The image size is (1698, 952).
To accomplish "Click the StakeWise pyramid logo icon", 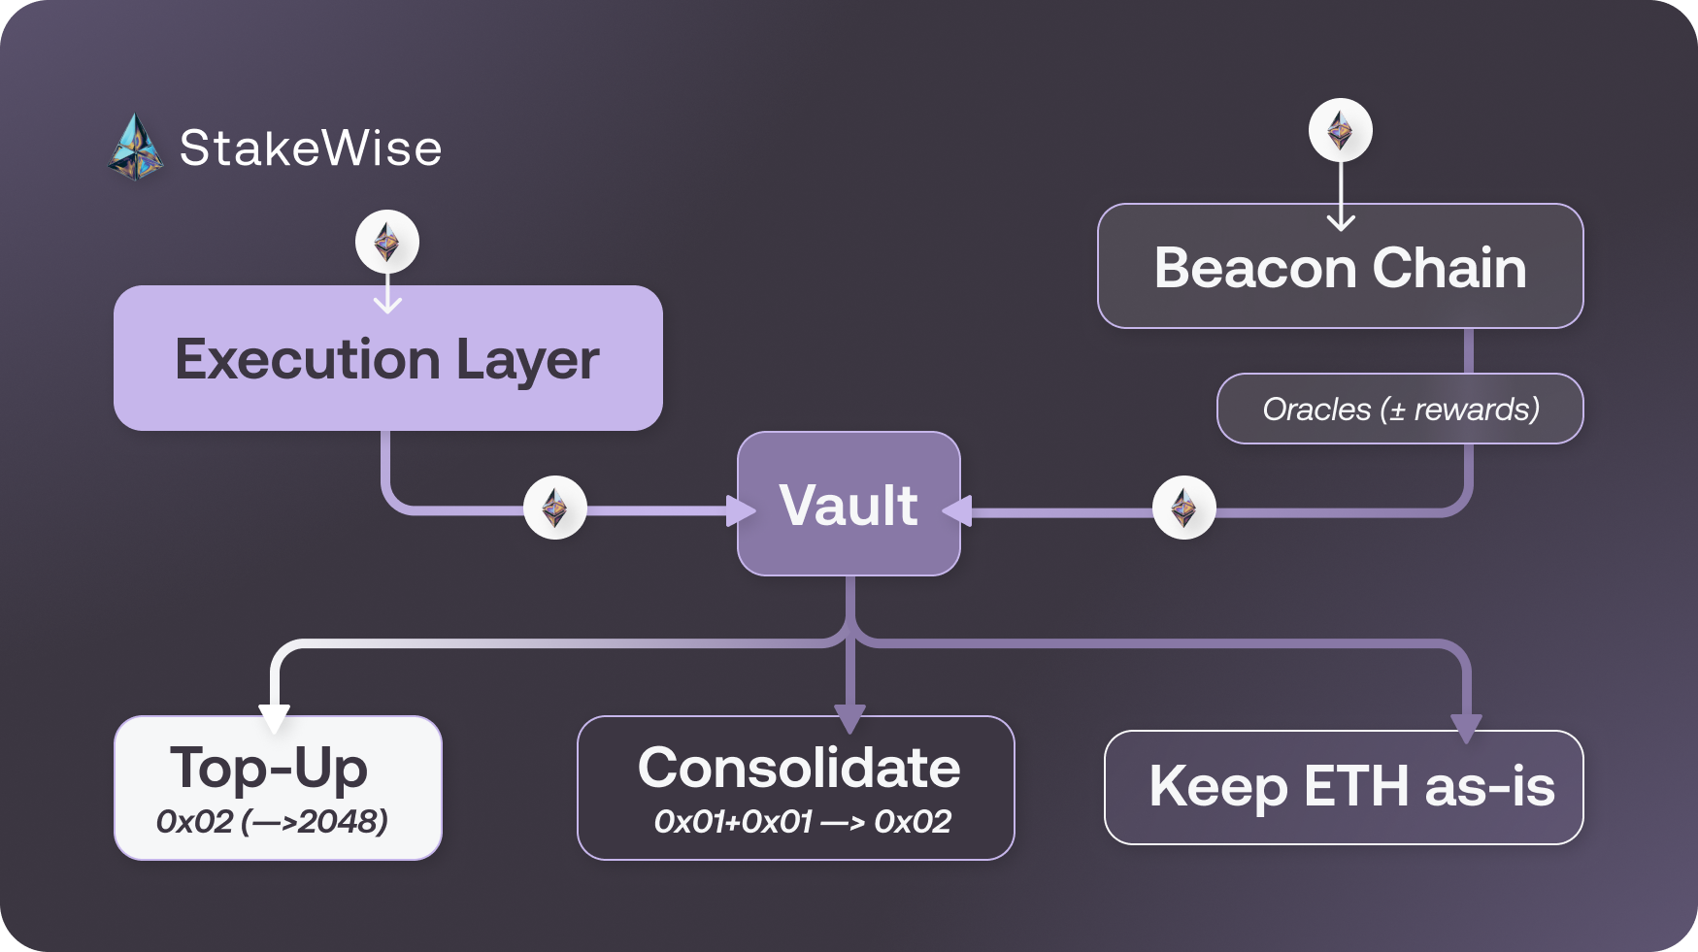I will click(x=135, y=148).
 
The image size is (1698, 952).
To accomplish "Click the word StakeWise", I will click(x=311, y=148).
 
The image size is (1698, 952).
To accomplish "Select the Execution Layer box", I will click(x=387, y=359).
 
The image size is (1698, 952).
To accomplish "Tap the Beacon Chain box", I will click(x=1340, y=267).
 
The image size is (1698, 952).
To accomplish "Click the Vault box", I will click(x=849, y=505).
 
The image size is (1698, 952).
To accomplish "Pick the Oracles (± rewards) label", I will click(x=1400, y=410).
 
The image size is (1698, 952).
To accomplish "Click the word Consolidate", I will click(x=798, y=768).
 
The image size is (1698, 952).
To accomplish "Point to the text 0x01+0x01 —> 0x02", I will click(x=802, y=822).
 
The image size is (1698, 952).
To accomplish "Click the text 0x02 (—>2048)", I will click(x=272, y=822).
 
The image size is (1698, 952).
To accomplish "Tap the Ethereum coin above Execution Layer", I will click(x=387, y=242).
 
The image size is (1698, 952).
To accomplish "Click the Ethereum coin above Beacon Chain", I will click(x=1340, y=130).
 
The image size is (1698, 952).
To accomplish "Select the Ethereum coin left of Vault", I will click(x=554, y=508).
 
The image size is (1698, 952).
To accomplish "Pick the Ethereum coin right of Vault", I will click(x=1183, y=508).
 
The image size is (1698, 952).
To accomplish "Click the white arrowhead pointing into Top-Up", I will click(x=275, y=718).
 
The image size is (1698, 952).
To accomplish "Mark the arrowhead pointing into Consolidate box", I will click(x=849, y=718).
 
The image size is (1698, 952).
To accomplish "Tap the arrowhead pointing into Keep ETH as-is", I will click(x=1465, y=727).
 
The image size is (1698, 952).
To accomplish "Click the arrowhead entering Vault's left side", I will click(x=740, y=510).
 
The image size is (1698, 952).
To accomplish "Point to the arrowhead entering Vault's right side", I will click(x=958, y=510).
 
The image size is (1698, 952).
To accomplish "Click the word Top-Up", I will click(x=269, y=768).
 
